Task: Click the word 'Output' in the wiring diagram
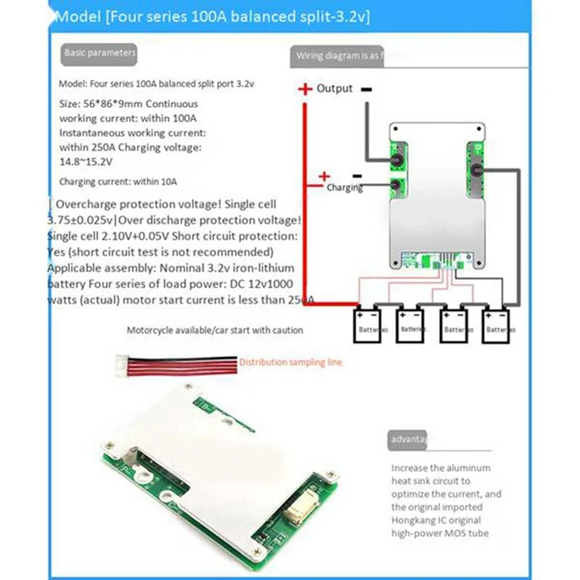coord(334,88)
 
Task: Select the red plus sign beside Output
coord(304,89)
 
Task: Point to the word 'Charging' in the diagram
coord(344,188)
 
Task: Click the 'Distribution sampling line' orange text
coord(290,362)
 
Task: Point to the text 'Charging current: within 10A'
coord(118,181)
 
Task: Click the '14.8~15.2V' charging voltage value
coord(86,159)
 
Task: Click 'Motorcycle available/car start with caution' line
coord(215,330)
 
